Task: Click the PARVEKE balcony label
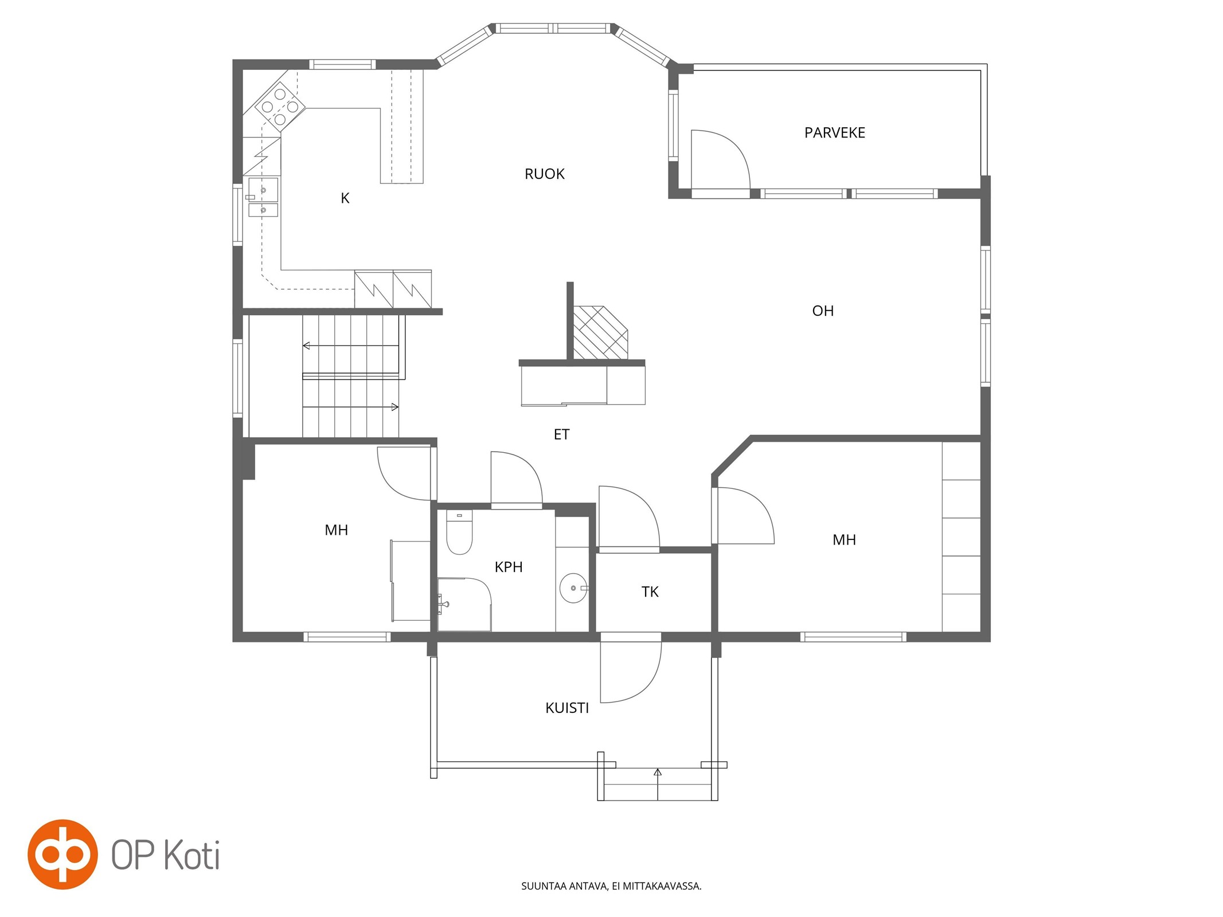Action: [x=834, y=133]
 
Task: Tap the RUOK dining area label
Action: [x=545, y=174]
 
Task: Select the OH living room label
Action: [x=823, y=311]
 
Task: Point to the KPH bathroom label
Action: [x=509, y=567]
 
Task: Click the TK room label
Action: [x=650, y=592]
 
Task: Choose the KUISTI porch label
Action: [x=567, y=708]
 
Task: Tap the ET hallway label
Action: [x=561, y=435]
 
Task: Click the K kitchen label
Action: [x=345, y=198]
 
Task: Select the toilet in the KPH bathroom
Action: [x=459, y=532]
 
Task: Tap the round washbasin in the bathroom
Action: [x=573, y=589]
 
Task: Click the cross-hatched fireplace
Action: [x=600, y=333]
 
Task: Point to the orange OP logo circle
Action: [x=62, y=855]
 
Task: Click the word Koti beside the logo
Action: [x=192, y=856]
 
